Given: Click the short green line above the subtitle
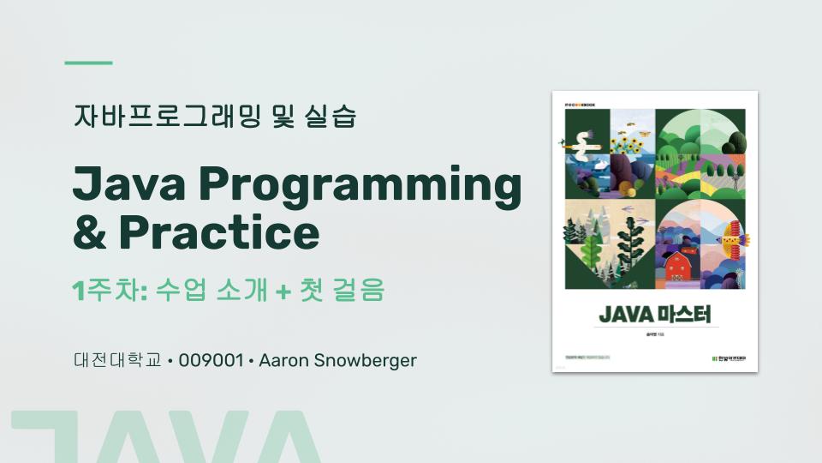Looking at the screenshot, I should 89,63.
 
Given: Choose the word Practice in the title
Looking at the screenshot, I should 219,231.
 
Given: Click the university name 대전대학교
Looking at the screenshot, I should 117,360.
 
